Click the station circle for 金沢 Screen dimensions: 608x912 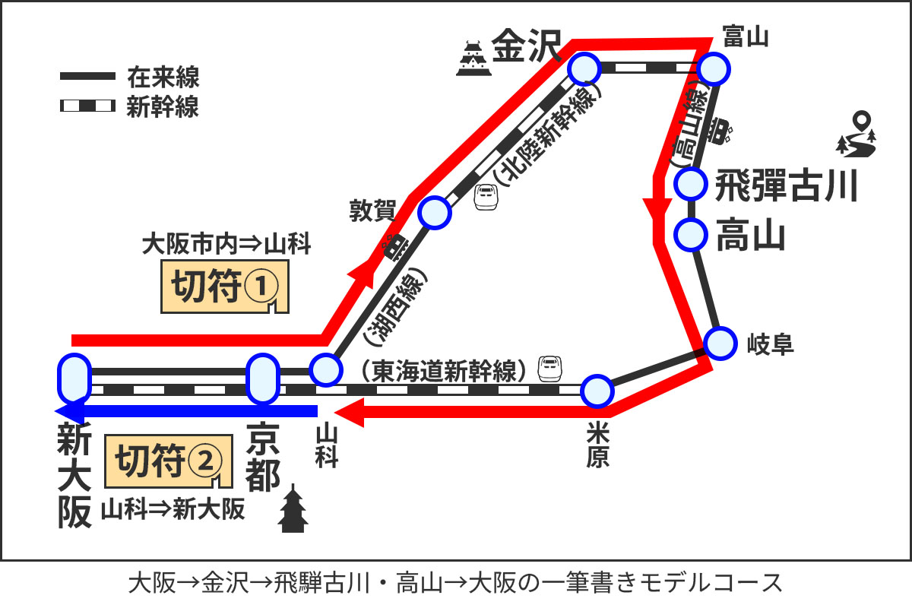[584, 69]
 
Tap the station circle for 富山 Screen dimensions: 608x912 [714, 69]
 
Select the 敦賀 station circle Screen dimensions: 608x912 [434, 213]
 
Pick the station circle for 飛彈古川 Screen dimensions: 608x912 [691, 183]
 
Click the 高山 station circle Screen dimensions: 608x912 [691, 234]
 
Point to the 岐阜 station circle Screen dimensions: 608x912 [719, 343]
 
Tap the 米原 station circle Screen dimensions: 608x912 [597, 391]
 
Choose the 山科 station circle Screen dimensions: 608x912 [325, 370]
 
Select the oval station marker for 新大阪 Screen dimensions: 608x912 [74, 378]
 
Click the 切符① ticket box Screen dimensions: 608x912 [226, 287]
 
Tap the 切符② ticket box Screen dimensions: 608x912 [168, 461]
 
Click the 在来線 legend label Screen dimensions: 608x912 [163, 77]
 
